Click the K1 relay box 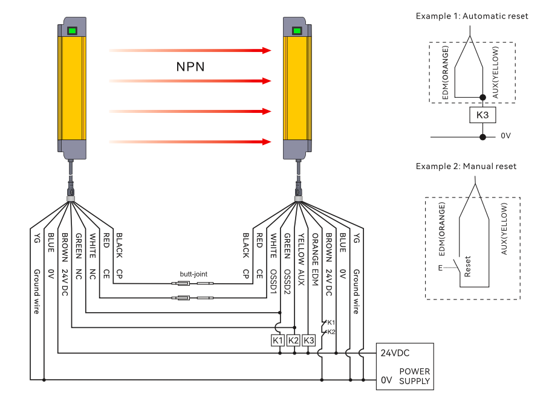click(278, 340)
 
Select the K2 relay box click(293, 340)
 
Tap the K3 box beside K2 click(309, 340)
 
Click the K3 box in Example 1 click(482, 115)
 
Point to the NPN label click(190, 66)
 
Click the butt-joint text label click(193, 274)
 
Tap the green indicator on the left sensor click(72, 31)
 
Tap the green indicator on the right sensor click(297, 31)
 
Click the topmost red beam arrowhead click(267, 50)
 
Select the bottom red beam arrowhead click(267, 142)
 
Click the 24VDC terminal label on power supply click(395, 353)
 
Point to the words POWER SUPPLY click(415, 376)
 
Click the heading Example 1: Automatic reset click(472, 16)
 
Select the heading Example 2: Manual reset click(466, 166)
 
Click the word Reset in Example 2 click(467, 267)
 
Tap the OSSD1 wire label click(273, 281)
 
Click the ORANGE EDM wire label click(315, 260)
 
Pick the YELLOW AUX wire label click(300, 260)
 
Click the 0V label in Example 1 click(505, 136)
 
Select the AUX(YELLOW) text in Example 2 click(504, 229)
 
